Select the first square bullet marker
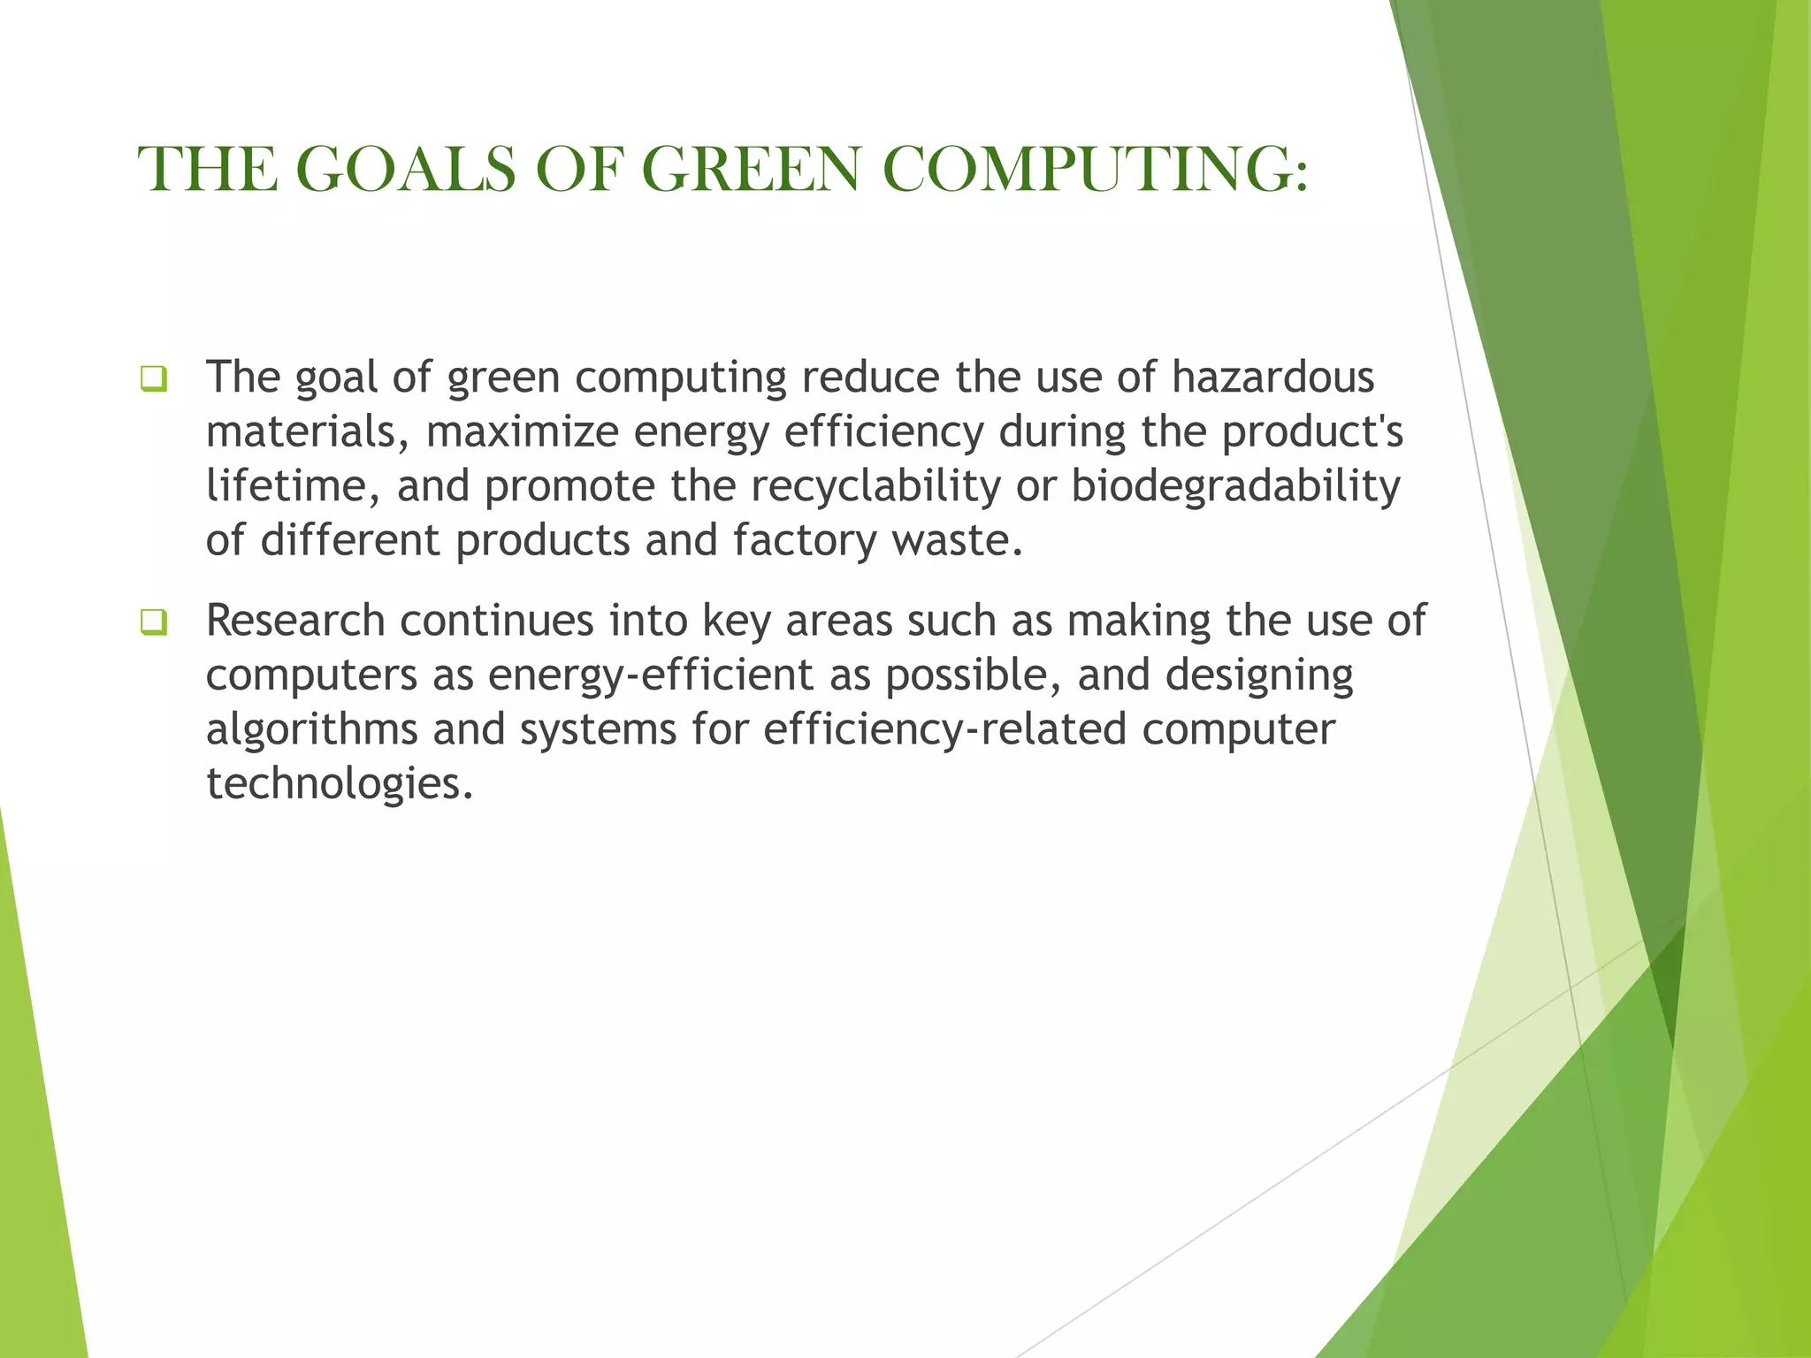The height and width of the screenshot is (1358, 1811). pos(153,379)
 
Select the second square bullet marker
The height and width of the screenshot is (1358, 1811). pos(153,622)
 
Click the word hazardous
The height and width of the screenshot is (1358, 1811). pos(1272,377)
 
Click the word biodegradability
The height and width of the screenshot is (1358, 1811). pos(1235,485)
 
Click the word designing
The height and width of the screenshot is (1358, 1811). pos(1258,675)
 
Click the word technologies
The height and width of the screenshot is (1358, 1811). pos(339,783)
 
